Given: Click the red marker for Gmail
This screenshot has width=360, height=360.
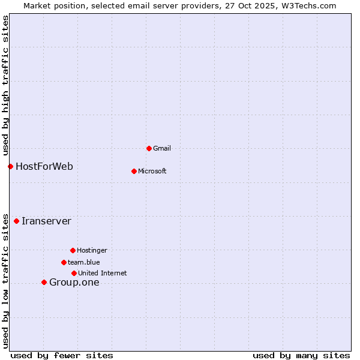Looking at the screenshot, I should [x=149, y=148].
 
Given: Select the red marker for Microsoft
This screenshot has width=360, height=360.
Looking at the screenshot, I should [x=134, y=171].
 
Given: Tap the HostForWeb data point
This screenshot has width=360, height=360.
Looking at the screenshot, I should [x=10, y=166].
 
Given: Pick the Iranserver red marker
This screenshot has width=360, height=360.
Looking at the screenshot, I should [x=16, y=221].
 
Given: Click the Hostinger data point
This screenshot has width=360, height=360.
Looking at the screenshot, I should [x=73, y=250].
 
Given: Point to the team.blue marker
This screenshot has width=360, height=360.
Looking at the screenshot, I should [x=64, y=262].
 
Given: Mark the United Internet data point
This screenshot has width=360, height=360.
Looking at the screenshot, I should [x=74, y=273].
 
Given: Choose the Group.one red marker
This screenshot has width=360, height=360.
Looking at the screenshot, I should [x=44, y=282].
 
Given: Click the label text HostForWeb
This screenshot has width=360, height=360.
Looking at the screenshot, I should [x=44, y=166].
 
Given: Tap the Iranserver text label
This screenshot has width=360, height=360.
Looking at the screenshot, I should [x=46, y=221].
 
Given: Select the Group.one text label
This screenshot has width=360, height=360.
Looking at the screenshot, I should [x=74, y=283].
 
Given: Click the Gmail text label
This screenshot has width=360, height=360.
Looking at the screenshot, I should [x=162, y=148].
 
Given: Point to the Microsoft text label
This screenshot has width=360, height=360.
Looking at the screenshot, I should [x=152, y=171].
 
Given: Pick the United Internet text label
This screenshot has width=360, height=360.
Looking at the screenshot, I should [x=103, y=273].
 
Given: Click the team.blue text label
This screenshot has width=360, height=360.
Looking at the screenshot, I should [x=84, y=262].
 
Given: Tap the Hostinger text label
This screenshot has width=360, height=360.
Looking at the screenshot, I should [x=92, y=250].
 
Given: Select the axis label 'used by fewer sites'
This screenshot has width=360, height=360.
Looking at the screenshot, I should [x=62, y=355].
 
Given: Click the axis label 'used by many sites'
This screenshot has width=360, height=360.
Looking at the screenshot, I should [x=301, y=355].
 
